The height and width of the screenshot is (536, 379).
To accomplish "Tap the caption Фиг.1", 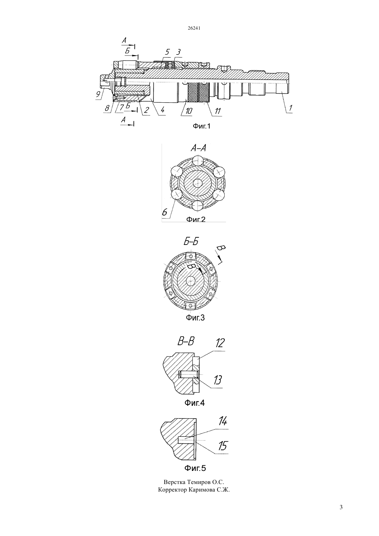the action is (x=202, y=126).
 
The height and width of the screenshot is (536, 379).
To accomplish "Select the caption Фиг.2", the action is (x=196, y=219).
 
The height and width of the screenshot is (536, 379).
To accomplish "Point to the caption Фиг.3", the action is (x=195, y=318).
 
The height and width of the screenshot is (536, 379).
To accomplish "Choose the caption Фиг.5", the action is (x=195, y=468).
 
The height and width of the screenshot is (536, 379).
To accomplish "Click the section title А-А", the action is (x=198, y=148).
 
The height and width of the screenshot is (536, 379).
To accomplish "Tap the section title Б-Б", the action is (x=191, y=242).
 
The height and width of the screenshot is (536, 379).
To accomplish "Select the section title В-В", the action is (x=186, y=341).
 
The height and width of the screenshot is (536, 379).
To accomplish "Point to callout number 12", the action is (x=220, y=343).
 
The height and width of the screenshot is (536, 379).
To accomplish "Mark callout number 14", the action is (x=223, y=421).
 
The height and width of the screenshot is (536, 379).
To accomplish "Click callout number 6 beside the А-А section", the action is (x=165, y=212).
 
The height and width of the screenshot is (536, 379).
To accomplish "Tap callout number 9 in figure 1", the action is (x=98, y=94).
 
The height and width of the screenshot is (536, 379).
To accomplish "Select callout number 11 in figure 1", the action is (x=218, y=111).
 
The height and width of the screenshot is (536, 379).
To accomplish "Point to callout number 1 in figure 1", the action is (x=290, y=108).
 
